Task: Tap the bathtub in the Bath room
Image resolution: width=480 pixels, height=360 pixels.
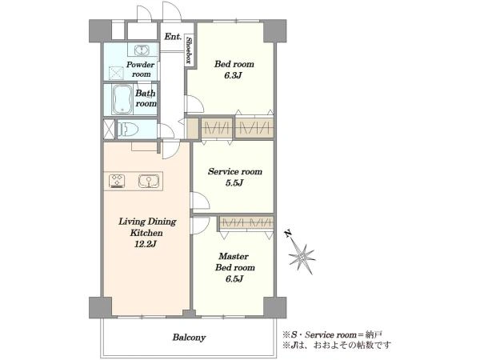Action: point(122,99)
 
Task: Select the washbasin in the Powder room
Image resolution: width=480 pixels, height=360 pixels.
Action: point(142,50)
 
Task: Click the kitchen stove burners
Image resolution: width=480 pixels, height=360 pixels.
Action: point(117,181)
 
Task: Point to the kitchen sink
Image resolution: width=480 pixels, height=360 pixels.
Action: point(149,181)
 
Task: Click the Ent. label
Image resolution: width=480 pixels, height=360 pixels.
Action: point(173,37)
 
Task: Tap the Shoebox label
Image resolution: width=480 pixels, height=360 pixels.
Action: point(189,50)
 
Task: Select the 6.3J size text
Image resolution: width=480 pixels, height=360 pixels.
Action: point(234,76)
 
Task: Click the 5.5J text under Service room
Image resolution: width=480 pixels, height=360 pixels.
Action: point(234,183)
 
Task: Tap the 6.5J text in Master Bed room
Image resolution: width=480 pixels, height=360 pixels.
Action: point(234,279)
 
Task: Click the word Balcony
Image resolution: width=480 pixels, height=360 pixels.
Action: point(189,338)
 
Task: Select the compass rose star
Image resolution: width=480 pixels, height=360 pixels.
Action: point(302,256)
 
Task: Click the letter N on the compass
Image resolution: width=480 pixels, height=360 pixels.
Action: point(288,234)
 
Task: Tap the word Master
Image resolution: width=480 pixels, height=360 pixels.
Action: point(234,256)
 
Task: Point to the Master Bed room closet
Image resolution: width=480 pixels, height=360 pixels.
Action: point(246,222)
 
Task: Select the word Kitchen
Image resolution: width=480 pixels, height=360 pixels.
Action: point(146,233)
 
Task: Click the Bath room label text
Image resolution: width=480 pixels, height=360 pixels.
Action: point(146,98)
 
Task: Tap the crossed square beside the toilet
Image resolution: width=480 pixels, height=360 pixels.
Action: point(110,129)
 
